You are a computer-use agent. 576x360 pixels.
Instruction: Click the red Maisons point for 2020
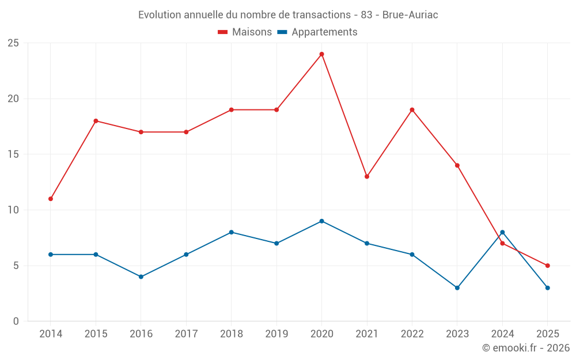(321, 54)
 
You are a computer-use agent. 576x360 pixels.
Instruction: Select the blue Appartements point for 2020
(321, 221)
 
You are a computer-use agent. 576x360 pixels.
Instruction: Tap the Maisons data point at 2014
(51, 199)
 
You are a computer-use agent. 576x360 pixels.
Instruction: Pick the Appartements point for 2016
(141, 276)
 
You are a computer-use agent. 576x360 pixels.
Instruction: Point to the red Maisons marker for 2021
(367, 176)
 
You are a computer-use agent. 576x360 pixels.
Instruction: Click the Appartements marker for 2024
(502, 232)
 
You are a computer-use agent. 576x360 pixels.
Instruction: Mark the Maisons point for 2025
(547, 266)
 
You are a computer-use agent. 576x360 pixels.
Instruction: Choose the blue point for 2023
(457, 287)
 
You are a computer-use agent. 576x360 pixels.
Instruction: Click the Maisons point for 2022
(412, 109)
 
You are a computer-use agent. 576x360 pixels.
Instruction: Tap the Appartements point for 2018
(231, 232)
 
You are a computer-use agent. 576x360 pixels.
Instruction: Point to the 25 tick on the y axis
(13, 43)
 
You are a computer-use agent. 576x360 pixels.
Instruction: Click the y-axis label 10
(13, 210)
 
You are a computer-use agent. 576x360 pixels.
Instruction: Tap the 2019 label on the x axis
(276, 334)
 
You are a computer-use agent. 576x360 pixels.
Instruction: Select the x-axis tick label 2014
(51, 334)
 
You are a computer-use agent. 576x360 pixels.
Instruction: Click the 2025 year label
(547, 334)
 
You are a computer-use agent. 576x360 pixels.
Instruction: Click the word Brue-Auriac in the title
(410, 15)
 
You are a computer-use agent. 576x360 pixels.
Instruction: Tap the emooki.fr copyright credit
(526, 348)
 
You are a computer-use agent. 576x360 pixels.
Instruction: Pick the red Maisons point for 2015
(96, 121)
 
